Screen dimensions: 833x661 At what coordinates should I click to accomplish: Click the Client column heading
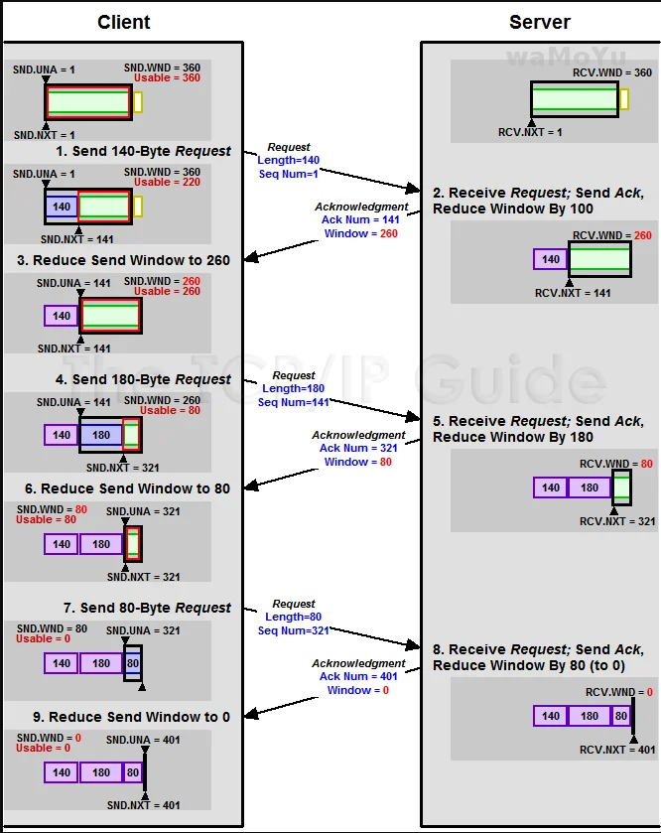tap(124, 22)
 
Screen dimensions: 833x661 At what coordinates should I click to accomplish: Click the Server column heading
tap(540, 22)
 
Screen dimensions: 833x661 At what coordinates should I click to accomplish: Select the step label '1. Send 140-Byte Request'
tap(143, 151)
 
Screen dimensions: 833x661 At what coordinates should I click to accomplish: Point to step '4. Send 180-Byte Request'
tap(143, 379)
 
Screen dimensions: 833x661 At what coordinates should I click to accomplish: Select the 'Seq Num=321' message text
tap(294, 630)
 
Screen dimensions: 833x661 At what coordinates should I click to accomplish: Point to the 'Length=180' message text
tap(294, 389)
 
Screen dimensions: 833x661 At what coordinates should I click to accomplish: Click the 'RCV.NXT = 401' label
tap(617, 750)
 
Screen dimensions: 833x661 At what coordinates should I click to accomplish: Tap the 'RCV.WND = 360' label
tap(612, 72)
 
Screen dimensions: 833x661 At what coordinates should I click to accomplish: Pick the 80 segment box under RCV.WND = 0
tap(621, 716)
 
